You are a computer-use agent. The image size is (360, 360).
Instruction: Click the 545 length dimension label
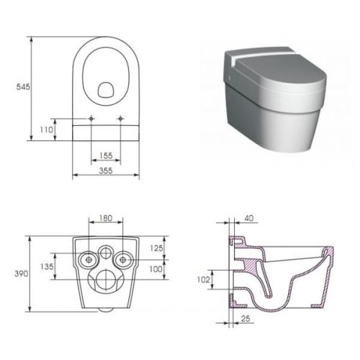coord(23,86)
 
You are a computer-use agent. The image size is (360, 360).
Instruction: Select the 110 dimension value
coord(46,130)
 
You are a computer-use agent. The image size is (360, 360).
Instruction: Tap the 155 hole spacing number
coord(106,156)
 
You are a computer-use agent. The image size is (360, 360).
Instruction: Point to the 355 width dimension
coord(106,171)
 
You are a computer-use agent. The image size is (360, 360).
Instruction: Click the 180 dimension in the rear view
coord(106,218)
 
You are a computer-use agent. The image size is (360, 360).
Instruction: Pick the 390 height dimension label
coord(22,274)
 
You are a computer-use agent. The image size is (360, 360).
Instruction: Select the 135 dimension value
coord(47,266)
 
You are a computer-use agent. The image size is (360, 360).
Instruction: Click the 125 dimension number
coord(156,248)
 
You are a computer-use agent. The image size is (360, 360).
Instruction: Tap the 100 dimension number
coord(156,269)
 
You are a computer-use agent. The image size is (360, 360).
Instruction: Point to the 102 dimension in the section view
coord(203,279)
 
